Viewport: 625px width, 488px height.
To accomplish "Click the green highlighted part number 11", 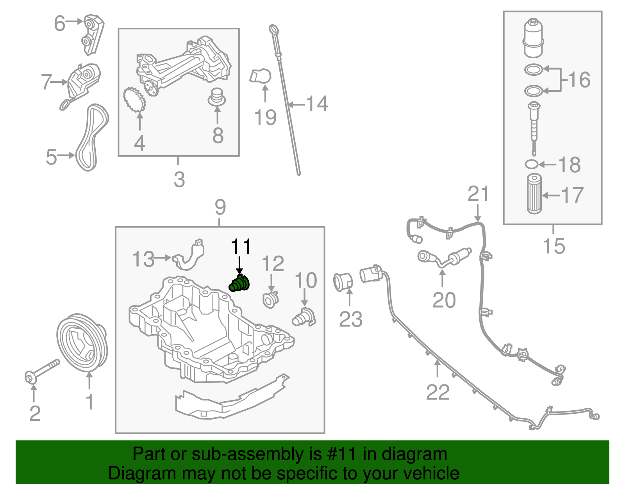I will tap(239, 284).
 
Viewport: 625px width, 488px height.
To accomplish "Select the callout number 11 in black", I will tap(241, 247).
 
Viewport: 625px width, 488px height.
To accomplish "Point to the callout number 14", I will tap(317, 104).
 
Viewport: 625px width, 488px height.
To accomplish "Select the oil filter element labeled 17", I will tap(534, 194).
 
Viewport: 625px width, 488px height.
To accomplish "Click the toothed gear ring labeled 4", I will tap(134, 100).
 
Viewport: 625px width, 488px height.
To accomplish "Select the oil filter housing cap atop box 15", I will tap(533, 38).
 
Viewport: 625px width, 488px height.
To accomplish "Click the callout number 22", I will tap(438, 392).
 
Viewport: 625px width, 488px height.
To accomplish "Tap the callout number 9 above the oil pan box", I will tap(220, 207).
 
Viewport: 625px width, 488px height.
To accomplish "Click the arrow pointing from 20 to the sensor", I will tap(442, 278).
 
